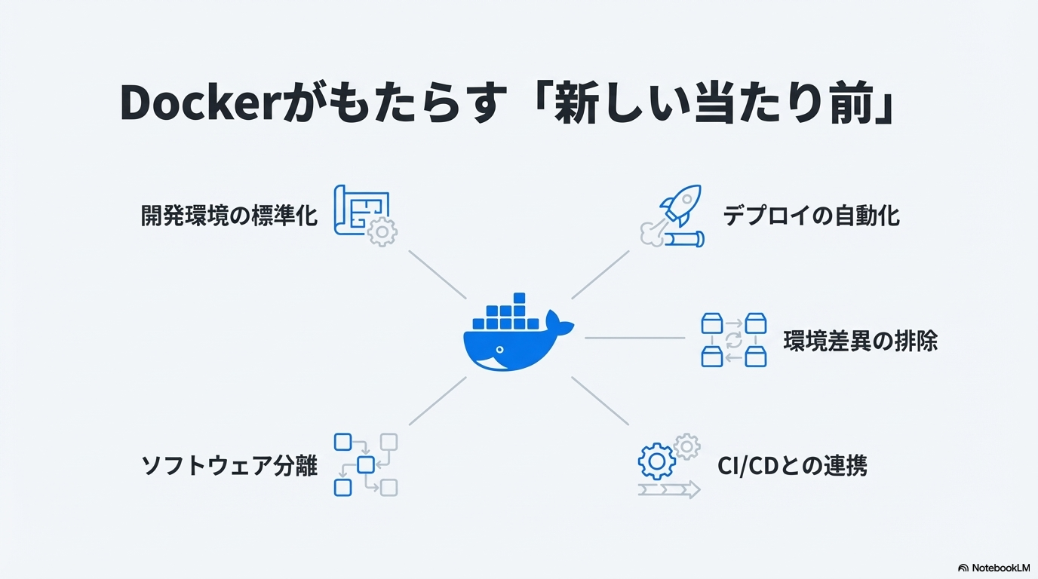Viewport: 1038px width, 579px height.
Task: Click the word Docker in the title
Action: click(x=198, y=103)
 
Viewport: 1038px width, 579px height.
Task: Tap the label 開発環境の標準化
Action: click(x=229, y=216)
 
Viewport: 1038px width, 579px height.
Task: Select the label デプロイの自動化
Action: click(x=812, y=216)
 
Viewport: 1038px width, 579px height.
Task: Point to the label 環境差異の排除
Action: click(x=861, y=341)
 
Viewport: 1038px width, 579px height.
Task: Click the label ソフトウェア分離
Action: click(x=229, y=465)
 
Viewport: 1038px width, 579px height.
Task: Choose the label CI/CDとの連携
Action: click(x=792, y=466)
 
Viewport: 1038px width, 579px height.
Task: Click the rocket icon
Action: click(x=681, y=205)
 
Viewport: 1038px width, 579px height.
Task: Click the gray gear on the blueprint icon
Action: click(x=382, y=231)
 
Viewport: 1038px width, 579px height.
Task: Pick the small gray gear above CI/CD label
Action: click(x=686, y=446)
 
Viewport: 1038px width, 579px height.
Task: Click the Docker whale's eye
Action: click(x=499, y=350)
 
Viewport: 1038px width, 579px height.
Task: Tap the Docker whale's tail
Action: click(x=558, y=323)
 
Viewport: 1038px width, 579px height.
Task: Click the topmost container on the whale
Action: click(x=520, y=298)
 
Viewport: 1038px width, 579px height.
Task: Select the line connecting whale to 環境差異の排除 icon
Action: click(x=635, y=339)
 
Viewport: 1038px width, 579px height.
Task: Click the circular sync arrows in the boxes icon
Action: click(x=734, y=340)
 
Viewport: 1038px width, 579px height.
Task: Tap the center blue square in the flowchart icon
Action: click(x=366, y=464)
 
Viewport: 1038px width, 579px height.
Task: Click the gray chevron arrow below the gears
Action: click(x=669, y=489)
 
